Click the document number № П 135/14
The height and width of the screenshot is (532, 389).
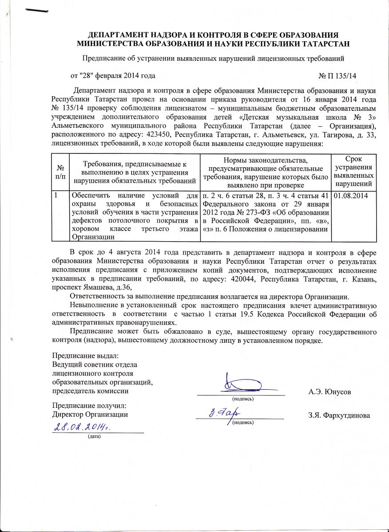coord(337,76)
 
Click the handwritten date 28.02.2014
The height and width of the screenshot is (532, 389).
coord(82,427)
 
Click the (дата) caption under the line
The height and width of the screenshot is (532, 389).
coord(95,437)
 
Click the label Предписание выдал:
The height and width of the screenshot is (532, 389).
coord(86,356)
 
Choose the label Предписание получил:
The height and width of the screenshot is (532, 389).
coord(89,406)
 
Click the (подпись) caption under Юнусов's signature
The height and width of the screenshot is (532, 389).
coord(243,399)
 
